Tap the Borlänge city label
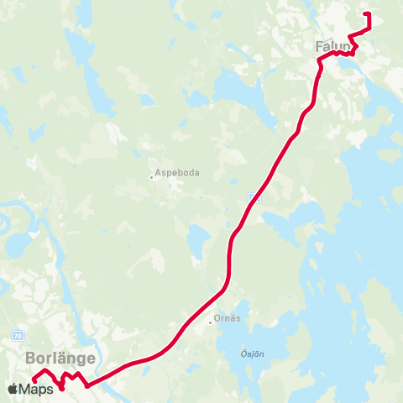(60, 358)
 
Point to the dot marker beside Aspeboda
(151, 176)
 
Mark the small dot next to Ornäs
(211, 322)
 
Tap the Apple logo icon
(13, 389)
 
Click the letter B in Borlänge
(31, 358)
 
